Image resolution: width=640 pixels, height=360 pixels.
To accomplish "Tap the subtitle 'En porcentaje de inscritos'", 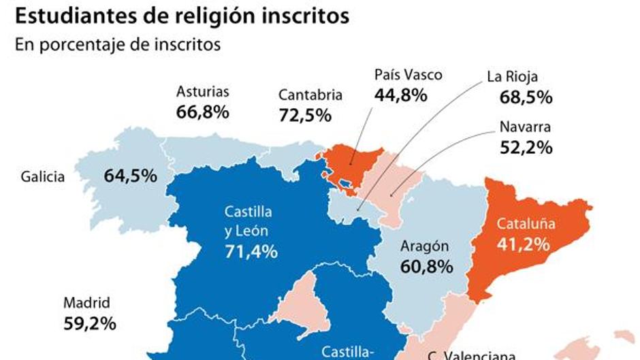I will tap(116, 45).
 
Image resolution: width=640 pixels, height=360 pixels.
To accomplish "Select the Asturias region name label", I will tap(203, 91).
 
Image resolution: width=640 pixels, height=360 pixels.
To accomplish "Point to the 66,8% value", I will tap(203, 112).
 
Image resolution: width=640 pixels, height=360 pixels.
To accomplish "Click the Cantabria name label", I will tap(310, 95).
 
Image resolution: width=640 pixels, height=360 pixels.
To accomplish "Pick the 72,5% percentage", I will tap(305, 115).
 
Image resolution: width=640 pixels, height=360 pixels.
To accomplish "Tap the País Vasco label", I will tap(408, 75).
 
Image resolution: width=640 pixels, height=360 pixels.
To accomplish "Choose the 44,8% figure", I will tap(400, 95).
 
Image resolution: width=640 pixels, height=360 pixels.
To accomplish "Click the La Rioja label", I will tap(513, 77).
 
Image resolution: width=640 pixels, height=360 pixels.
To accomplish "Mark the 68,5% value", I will tap(525, 97).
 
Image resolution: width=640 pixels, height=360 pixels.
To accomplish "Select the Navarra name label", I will tap(525, 127).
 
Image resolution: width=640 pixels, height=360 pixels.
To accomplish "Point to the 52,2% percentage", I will tap(525, 146).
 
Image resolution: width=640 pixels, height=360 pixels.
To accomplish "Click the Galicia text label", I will tap(43, 177).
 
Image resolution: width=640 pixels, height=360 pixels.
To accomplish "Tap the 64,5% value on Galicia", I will tap(131, 176).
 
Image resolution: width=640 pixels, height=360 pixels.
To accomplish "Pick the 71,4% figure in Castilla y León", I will tap(251, 252).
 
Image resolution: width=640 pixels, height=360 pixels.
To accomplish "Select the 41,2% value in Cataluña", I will tap(523, 243).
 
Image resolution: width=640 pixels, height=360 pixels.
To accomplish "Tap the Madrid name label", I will tap(86, 303).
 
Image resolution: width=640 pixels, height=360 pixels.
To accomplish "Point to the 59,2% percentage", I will tap(89, 323).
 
